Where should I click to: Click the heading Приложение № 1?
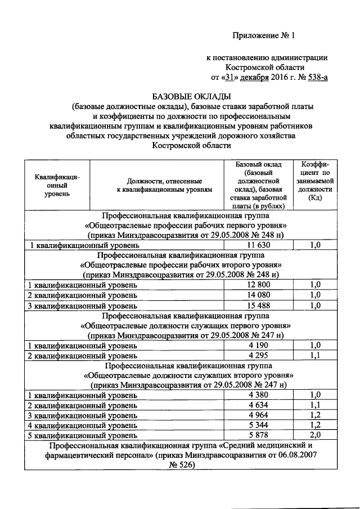[x=264, y=35]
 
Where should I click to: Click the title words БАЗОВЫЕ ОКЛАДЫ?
[x=192, y=96]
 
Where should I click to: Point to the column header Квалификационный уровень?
[x=57, y=186]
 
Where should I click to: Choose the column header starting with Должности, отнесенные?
[x=161, y=186]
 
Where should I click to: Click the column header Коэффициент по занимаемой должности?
[x=316, y=181]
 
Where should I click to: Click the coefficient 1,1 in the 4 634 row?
[x=316, y=405]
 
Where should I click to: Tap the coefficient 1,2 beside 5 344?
[x=316, y=426]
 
